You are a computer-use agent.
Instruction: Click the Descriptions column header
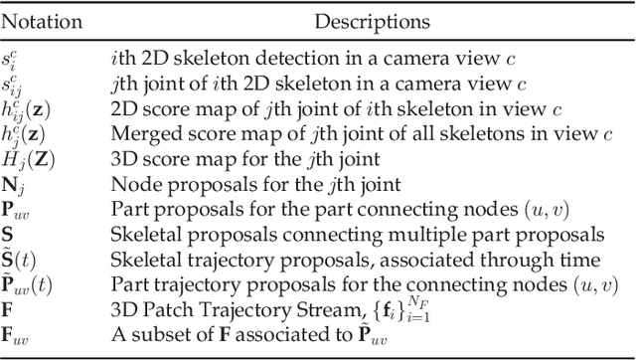point(367,20)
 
